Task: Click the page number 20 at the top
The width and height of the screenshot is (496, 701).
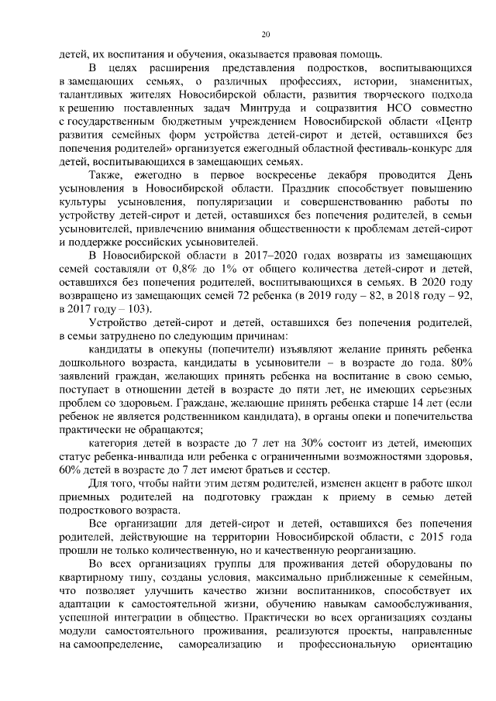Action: (x=265, y=34)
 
